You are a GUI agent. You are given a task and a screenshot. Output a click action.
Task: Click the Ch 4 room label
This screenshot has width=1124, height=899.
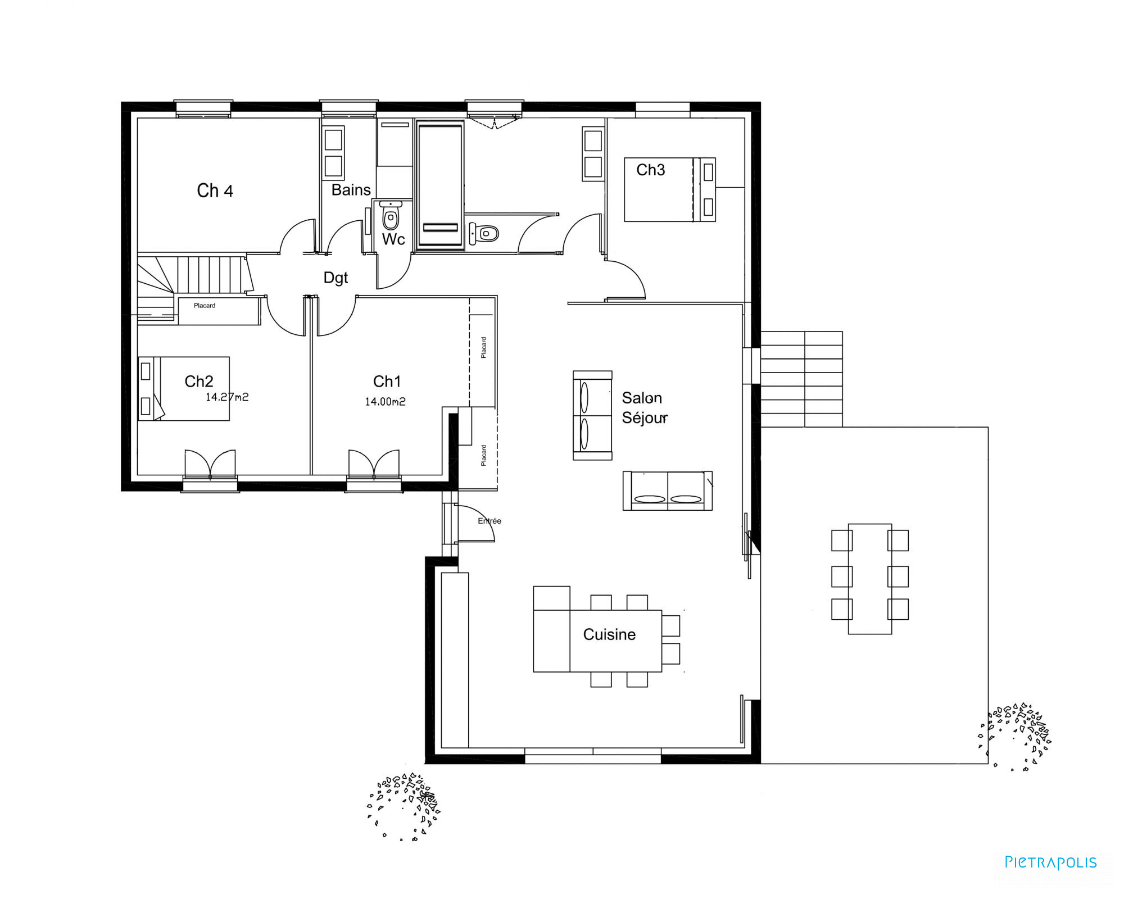(x=215, y=191)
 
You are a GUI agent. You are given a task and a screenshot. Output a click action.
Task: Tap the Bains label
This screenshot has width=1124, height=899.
(x=351, y=190)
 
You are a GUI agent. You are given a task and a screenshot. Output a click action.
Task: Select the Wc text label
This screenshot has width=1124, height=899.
(x=393, y=239)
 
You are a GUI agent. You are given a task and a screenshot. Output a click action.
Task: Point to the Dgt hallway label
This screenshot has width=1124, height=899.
(x=336, y=278)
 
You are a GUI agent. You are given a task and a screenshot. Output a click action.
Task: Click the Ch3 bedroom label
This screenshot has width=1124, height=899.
(x=650, y=170)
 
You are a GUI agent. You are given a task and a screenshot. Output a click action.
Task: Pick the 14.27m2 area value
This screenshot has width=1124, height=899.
(x=227, y=397)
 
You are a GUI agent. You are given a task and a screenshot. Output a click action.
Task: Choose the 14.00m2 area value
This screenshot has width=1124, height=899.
(x=385, y=402)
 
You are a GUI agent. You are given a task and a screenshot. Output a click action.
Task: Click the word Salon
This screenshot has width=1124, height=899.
(x=642, y=398)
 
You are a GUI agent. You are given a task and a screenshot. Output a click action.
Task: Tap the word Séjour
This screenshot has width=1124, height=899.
(x=645, y=417)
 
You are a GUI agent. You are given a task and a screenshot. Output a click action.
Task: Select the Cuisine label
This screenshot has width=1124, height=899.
(x=609, y=634)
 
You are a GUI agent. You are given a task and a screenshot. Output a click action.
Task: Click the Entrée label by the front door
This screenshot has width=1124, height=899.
(x=490, y=521)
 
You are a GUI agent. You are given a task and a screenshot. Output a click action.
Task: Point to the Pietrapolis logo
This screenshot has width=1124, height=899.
(x=1050, y=862)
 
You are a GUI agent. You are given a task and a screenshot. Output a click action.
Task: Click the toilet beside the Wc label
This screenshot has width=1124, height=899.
(x=391, y=216)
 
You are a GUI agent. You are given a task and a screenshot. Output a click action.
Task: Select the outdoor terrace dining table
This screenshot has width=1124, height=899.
(x=870, y=579)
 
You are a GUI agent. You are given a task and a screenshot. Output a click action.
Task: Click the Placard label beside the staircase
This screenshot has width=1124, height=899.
(x=205, y=306)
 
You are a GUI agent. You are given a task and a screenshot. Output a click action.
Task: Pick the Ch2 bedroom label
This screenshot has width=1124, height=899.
(x=199, y=382)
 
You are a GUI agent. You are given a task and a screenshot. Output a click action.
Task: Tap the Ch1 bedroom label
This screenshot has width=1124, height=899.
(x=387, y=382)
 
